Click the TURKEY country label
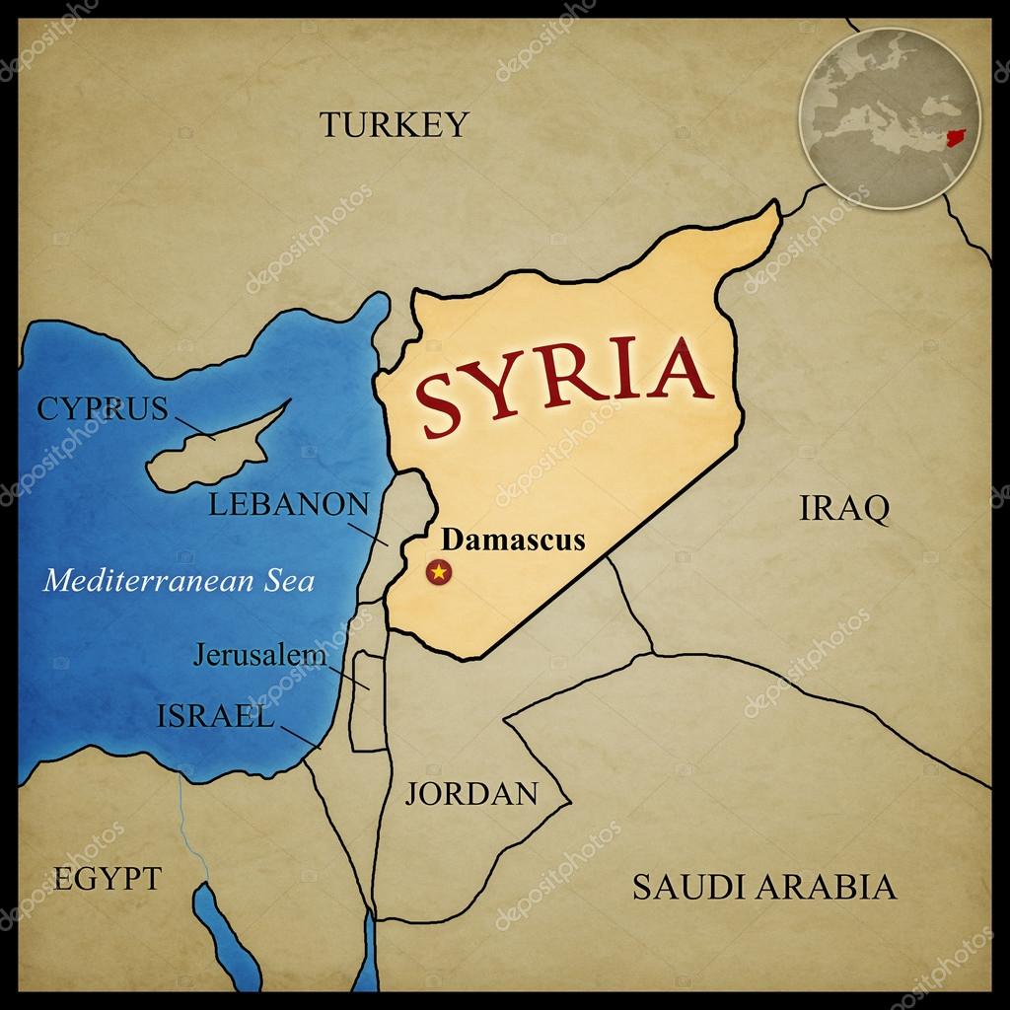(394, 124)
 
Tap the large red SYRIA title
(563, 385)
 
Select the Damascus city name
(513, 540)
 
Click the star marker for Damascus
(437, 571)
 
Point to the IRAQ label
(843, 509)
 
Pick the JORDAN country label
(471, 793)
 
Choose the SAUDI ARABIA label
(764, 887)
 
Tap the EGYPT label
(107, 878)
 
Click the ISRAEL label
(214, 716)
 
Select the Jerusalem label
(259, 653)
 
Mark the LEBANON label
(289, 505)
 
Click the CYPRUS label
(103, 408)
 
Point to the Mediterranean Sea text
(180, 579)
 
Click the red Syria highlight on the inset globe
(954, 139)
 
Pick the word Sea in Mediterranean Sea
(287, 579)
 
